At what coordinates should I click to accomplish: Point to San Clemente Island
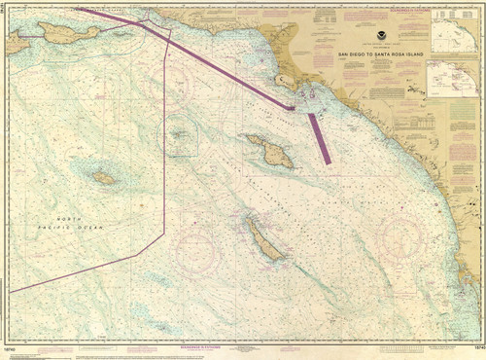click(263, 240)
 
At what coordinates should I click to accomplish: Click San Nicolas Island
click(103, 178)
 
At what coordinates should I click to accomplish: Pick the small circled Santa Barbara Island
click(180, 135)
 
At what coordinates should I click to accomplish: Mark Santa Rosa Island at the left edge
click(17, 43)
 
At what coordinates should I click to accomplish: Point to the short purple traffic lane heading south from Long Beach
click(320, 139)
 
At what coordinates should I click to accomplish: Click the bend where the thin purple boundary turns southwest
click(164, 232)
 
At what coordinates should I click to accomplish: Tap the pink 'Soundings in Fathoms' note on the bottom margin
click(239, 345)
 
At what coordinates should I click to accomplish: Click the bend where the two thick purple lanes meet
click(292, 107)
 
